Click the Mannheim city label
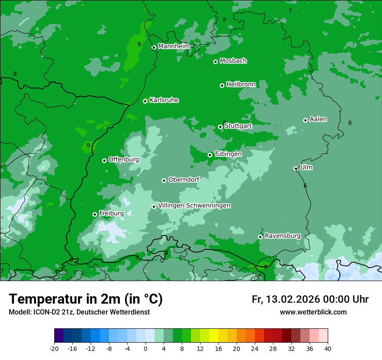click(x=174, y=46)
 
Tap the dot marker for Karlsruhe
click(x=145, y=101)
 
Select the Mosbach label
click(x=233, y=61)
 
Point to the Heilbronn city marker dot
click(x=222, y=85)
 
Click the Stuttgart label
click(x=238, y=126)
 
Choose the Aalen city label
click(x=318, y=119)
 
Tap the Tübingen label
click(x=228, y=154)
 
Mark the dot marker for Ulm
click(x=296, y=168)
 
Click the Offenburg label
click(x=124, y=160)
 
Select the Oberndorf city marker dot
click(x=164, y=180)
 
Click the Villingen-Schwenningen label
click(x=194, y=206)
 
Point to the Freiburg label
click(x=111, y=213)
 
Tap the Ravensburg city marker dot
click(x=260, y=237)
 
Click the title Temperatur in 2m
click(x=86, y=299)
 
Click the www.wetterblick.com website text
click(x=313, y=312)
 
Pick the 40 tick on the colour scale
click(x=328, y=348)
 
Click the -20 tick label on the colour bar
click(x=54, y=348)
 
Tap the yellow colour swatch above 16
click(x=214, y=336)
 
